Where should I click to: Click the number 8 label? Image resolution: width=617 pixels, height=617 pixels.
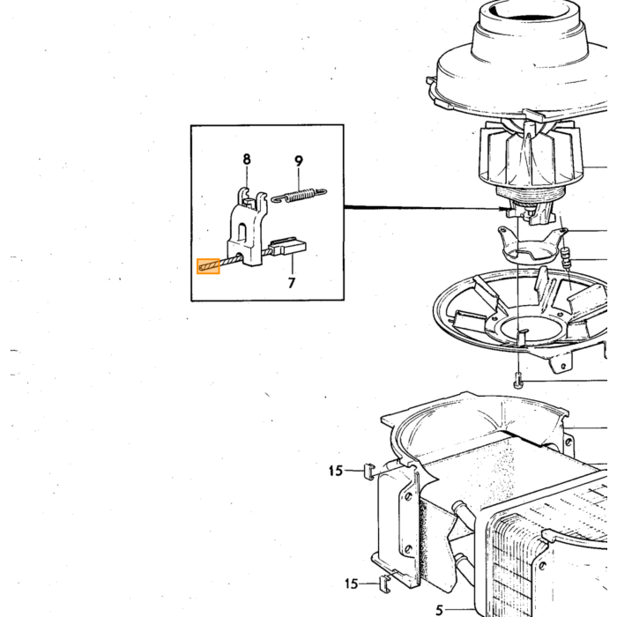(x=246, y=160)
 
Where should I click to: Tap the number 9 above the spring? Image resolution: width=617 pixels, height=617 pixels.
(x=299, y=161)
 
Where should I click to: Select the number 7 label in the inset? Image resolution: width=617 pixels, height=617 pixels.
(x=292, y=283)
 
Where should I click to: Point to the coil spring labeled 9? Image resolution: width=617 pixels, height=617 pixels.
(x=299, y=195)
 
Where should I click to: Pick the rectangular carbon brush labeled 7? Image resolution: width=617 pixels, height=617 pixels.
(x=287, y=247)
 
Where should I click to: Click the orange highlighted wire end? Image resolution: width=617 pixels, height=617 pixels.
(x=208, y=266)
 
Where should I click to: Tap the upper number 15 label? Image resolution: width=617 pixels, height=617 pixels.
(x=336, y=471)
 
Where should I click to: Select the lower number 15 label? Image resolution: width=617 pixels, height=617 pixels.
(x=351, y=584)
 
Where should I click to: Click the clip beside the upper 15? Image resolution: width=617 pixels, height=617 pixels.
(x=368, y=472)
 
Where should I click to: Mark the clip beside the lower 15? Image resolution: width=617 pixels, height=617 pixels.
(x=385, y=583)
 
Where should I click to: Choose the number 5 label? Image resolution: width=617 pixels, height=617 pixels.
(x=440, y=610)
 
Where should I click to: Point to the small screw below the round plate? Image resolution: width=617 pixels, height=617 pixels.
(x=518, y=382)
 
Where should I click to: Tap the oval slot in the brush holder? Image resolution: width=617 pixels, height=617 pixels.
(x=242, y=232)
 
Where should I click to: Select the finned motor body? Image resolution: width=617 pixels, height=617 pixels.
(x=531, y=158)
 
